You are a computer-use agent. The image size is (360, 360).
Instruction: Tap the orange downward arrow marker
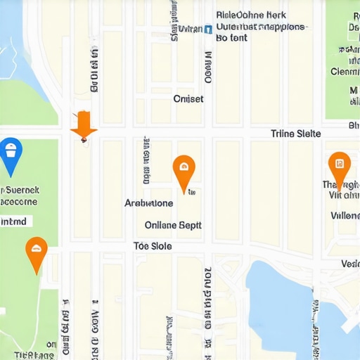[84, 124]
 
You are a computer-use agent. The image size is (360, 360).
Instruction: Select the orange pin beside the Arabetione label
[184, 171]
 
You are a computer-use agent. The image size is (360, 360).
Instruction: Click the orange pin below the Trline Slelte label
[340, 168]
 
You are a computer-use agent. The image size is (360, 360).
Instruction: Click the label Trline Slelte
[295, 134]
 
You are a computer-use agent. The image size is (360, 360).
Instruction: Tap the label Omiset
[188, 99]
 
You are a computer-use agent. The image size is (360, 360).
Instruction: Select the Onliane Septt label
[173, 226]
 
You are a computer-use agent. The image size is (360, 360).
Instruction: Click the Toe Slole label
[153, 246]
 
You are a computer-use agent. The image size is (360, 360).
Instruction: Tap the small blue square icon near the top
[208, 30]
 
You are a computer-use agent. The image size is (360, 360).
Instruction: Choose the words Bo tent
[231, 38]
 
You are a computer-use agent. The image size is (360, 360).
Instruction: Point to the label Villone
[345, 216]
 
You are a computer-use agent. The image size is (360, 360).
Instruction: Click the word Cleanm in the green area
[345, 71]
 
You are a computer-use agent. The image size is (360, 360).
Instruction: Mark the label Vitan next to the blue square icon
[190, 30]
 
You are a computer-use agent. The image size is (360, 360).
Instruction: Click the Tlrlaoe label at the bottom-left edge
[34, 355]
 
